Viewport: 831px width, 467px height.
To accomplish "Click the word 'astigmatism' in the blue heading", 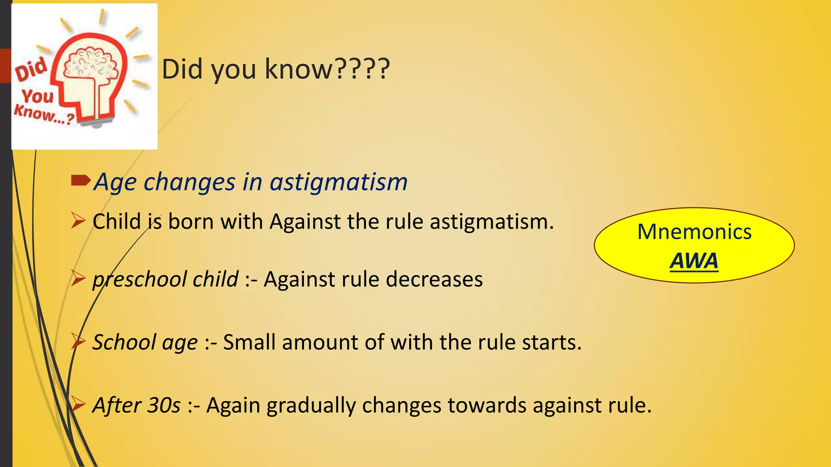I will pos(339,182).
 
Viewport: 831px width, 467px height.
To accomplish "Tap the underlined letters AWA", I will pos(694,261).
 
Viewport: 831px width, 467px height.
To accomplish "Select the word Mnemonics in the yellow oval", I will pos(694,232).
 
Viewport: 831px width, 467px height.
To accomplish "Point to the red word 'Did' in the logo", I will pos(31,70).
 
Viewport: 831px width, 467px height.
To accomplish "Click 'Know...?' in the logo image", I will pos(44,114).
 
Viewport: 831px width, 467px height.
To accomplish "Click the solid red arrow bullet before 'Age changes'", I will pos(80,180).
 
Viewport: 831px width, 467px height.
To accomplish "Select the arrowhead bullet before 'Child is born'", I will pos(78,221).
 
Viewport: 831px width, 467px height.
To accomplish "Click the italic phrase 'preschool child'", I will pos(165,279).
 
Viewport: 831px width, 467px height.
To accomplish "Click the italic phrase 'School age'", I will pos(145,342).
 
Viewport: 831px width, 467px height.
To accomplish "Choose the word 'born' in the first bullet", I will pos(191,222).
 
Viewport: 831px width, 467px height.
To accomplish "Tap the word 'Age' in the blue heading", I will pos(115,182).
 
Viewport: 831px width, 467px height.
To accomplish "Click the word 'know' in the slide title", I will pos(299,69).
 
